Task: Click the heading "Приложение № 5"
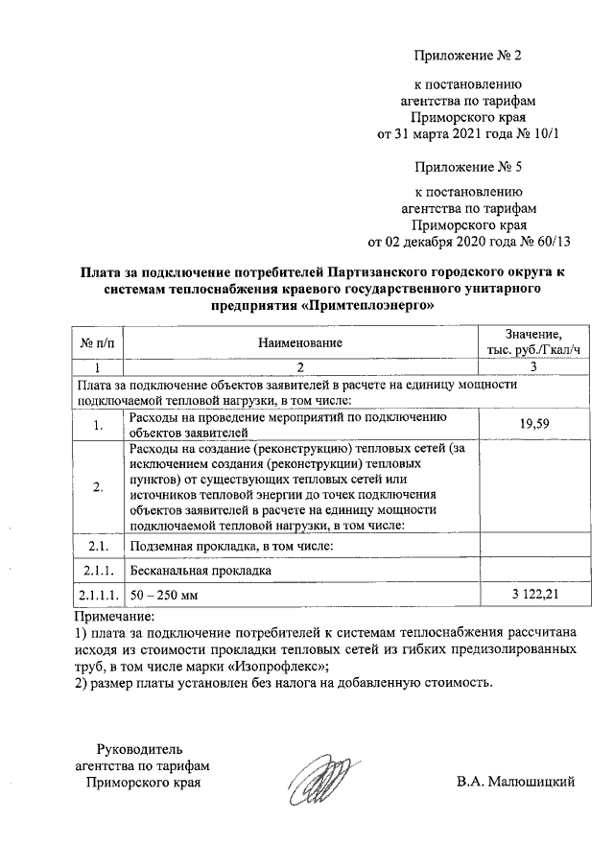click(x=467, y=165)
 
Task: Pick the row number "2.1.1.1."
click(x=99, y=596)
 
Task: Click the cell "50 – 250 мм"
click(x=164, y=596)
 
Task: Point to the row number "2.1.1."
click(x=99, y=571)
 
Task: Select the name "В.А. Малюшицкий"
click(x=515, y=783)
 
